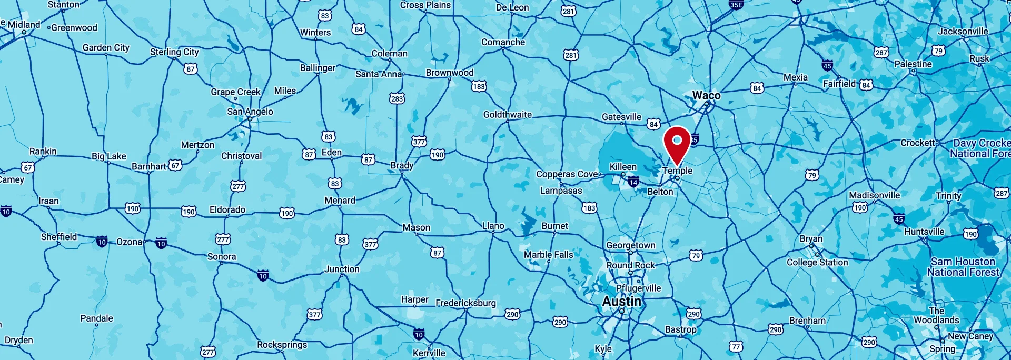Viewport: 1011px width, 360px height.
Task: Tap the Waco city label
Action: [x=706, y=95]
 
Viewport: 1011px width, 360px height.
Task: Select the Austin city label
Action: [x=622, y=302]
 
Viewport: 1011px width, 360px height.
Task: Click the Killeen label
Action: [x=623, y=167]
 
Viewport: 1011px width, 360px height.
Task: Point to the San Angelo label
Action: [x=250, y=112]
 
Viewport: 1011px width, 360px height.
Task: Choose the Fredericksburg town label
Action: [x=465, y=303]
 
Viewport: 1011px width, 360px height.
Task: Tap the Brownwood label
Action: [x=450, y=73]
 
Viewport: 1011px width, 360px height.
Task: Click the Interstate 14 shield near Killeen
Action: [x=633, y=182]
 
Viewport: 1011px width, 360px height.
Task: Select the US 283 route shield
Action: [x=397, y=98]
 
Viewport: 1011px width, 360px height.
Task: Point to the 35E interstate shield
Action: [x=736, y=5]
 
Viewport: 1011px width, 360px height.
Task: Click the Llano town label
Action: [x=493, y=226]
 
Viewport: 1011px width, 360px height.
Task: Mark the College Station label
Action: [x=817, y=262]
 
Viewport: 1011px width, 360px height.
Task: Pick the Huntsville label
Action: [x=924, y=232]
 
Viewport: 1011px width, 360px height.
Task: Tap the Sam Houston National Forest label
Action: [x=963, y=267]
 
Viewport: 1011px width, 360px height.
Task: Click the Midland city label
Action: [x=24, y=25]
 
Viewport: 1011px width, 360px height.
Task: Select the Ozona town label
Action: [x=129, y=242]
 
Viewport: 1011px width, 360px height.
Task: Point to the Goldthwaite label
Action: [x=508, y=115]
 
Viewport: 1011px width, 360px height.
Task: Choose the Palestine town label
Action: [x=913, y=64]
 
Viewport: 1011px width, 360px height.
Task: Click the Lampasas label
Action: [x=561, y=191]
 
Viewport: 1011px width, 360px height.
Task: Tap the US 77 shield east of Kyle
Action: [x=736, y=346]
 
